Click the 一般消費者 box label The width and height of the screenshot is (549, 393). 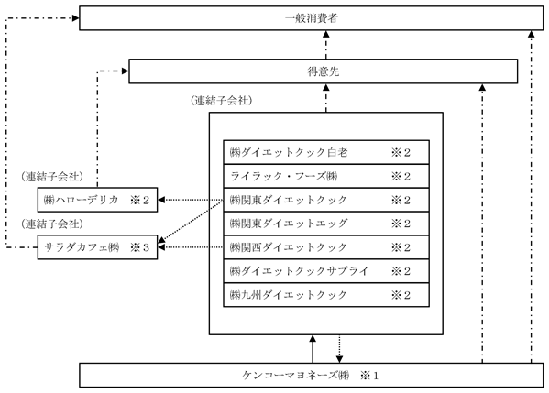(312, 18)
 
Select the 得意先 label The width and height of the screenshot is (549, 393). (324, 71)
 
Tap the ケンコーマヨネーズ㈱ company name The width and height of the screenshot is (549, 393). (296, 376)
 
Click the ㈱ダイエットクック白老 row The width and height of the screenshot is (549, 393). (326, 152)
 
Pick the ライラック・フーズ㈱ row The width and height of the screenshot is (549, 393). (326, 176)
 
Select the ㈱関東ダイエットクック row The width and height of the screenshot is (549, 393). (326, 200)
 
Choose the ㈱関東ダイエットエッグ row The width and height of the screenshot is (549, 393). (326, 224)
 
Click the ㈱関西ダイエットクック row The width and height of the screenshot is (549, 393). (326, 247)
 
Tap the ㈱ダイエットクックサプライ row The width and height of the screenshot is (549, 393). (326, 271)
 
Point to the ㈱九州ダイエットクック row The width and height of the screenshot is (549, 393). (326, 295)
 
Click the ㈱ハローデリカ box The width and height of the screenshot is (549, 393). (98, 200)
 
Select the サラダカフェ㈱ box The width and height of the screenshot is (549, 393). (98, 247)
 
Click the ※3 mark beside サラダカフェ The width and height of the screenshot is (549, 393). (139, 247)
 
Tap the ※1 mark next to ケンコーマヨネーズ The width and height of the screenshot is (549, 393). (369, 376)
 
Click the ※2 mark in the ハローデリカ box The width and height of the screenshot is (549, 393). (139, 200)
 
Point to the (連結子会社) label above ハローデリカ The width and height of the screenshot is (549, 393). (52, 176)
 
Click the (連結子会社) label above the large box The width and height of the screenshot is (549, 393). (222, 101)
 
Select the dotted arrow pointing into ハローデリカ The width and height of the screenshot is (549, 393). (191, 200)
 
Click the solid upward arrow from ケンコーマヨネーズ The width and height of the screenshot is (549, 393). (313, 349)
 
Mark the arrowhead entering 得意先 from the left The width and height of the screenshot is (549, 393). (126, 71)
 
